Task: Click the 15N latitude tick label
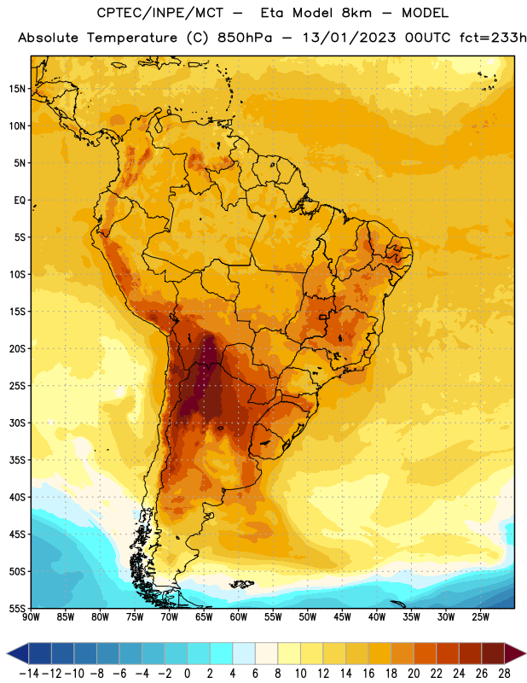(17, 89)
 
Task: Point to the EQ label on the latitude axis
(20, 201)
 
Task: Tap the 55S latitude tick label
(17, 609)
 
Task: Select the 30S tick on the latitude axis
(17, 423)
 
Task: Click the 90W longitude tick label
(31, 616)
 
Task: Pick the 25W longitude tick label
(480, 616)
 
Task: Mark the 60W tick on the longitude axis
(239, 616)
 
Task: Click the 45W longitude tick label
(342, 616)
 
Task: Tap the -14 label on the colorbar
(29, 674)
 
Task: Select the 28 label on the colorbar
(504, 674)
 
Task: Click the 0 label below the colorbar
(187, 674)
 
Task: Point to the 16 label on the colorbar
(368, 674)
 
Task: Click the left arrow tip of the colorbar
(7, 653)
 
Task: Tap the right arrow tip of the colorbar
(525, 653)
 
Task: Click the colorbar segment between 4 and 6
(244, 653)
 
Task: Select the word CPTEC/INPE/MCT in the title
(160, 13)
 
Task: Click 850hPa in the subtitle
(245, 38)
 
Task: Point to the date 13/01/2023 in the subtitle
(350, 38)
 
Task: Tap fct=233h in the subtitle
(493, 38)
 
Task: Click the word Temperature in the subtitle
(132, 38)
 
